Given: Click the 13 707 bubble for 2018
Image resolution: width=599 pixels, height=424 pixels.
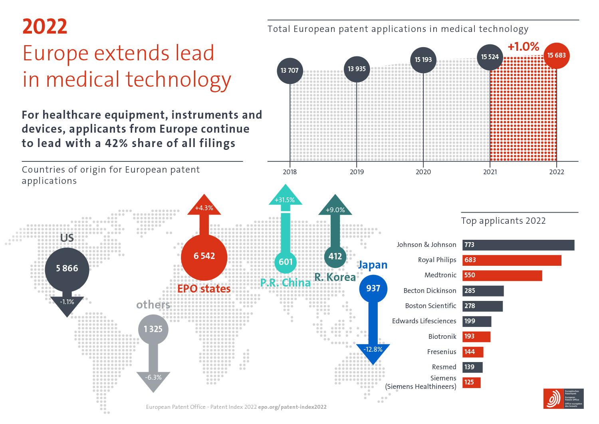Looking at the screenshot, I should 290,70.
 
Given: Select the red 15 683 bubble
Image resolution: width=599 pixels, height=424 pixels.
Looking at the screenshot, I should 556,56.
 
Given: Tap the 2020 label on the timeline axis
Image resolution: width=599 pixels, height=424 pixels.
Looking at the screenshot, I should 423,172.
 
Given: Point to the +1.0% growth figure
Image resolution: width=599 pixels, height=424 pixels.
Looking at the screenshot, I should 523,47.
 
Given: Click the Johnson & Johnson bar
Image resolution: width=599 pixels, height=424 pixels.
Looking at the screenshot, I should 518,245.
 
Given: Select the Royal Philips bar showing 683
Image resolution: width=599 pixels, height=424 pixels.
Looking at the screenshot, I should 512,260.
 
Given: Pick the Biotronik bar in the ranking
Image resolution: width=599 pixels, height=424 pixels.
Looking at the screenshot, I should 476,336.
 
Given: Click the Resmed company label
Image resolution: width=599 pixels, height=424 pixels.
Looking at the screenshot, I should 444,367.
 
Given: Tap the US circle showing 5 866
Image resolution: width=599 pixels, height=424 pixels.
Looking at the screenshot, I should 67,269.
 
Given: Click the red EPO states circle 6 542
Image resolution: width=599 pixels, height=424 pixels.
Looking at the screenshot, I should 204,256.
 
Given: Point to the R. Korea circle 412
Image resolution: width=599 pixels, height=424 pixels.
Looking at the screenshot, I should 335,257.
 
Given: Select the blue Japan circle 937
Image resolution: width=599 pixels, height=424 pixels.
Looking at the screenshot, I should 373,288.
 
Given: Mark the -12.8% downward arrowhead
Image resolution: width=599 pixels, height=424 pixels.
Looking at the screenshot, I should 373,351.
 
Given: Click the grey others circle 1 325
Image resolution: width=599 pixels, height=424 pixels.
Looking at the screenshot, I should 153,329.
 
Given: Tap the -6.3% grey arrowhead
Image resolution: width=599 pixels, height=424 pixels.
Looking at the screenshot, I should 153,380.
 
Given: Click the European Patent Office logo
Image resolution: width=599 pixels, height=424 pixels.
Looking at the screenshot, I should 563,398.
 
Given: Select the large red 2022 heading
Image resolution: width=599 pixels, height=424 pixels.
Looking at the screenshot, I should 45,27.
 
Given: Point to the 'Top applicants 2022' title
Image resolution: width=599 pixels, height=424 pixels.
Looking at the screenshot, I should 503,221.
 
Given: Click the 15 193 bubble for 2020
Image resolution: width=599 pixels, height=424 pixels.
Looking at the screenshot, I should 423,60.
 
